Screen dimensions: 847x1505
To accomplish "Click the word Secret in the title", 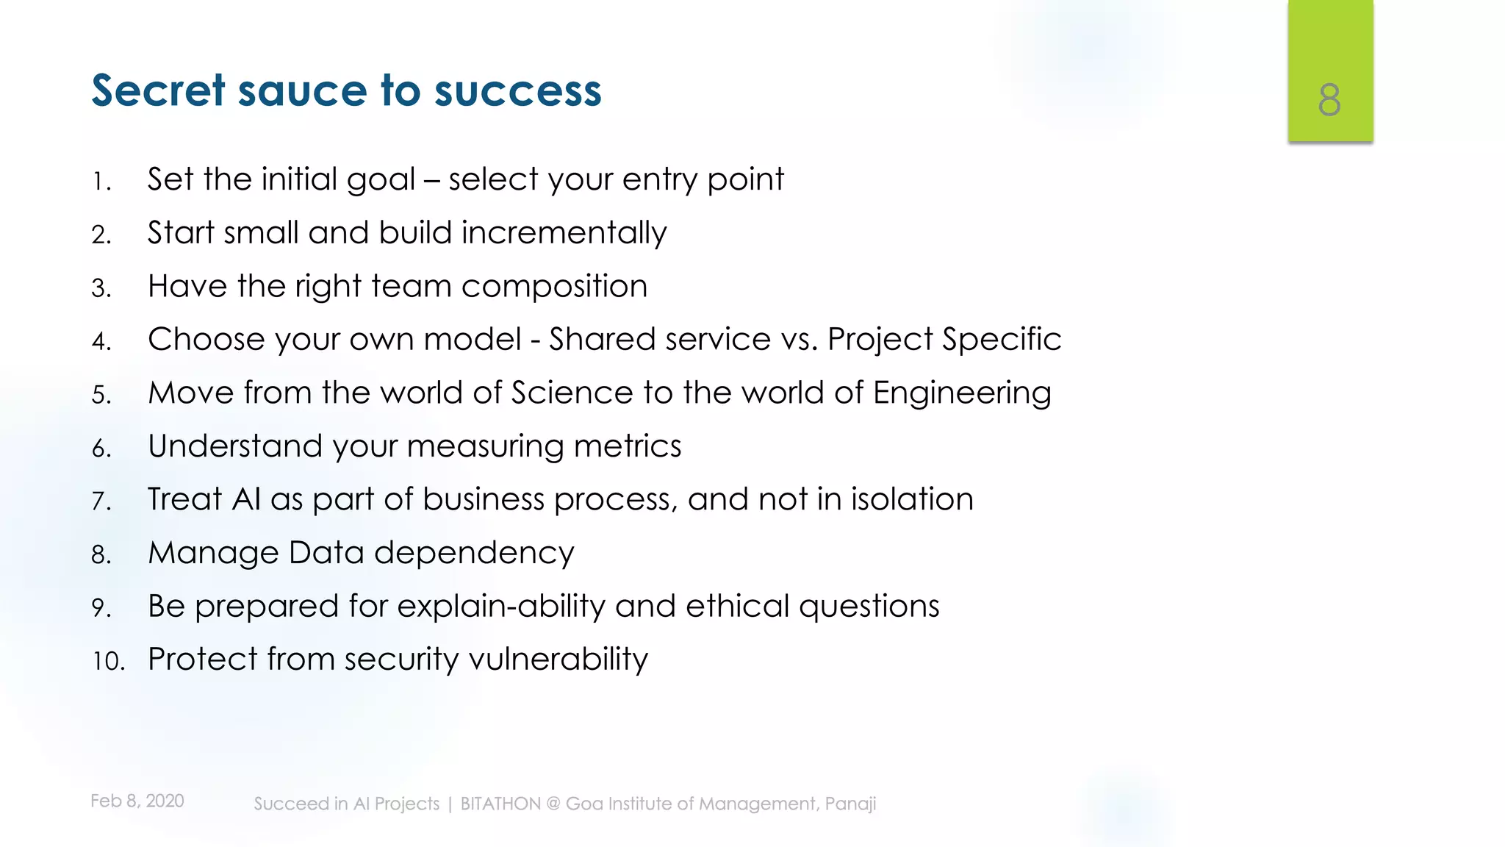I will (x=158, y=90).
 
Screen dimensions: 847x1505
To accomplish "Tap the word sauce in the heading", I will (x=302, y=90).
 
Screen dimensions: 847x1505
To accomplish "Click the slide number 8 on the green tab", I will (x=1329, y=100).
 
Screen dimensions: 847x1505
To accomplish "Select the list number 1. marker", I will (x=101, y=182).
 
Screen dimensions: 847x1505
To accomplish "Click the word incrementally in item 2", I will (x=564, y=233).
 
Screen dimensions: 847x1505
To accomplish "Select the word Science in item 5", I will (x=572, y=393).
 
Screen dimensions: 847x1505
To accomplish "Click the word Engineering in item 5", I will (x=962, y=393).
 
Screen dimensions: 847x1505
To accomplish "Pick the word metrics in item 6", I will (x=628, y=446).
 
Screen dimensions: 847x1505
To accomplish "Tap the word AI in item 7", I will (x=246, y=499).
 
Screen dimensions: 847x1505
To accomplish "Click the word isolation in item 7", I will (x=912, y=499).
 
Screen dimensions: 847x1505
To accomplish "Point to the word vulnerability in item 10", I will (x=558, y=660).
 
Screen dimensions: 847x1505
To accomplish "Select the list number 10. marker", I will (x=109, y=661).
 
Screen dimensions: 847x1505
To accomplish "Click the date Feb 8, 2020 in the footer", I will (x=137, y=801).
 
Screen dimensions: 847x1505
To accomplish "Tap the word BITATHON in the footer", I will (x=500, y=804).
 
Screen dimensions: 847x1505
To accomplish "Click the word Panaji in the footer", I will (x=850, y=804).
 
